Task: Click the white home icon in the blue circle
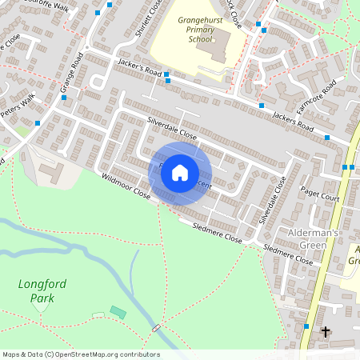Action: coord(180,173)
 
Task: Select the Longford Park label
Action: coord(38,291)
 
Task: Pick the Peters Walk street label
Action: coord(18,106)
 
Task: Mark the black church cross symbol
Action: coord(325,330)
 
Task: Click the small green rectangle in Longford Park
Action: coord(118,311)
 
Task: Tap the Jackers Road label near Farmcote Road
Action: coord(292,121)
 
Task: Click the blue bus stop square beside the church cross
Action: coord(306,326)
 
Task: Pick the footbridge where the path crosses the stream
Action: coord(156,328)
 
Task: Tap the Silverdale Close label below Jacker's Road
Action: coord(171,128)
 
